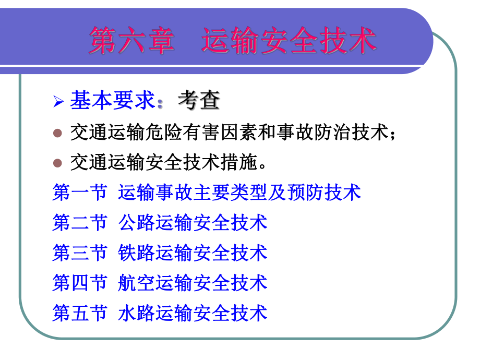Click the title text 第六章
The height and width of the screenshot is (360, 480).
click(131, 41)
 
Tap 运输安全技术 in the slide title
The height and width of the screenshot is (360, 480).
click(289, 41)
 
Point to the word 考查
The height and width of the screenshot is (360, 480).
click(198, 101)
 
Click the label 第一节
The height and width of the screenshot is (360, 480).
click(79, 193)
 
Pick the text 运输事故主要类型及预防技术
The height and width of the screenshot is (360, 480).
click(239, 193)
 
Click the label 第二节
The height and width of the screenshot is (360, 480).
click(79, 223)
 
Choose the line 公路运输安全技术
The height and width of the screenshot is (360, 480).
click(193, 223)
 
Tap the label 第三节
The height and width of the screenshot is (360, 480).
click(79, 253)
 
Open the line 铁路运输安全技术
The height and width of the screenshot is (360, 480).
click(193, 253)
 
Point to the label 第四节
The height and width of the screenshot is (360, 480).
click(79, 283)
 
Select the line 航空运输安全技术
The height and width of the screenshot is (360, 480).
click(193, 283)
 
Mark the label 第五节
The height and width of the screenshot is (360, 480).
click(79, 313)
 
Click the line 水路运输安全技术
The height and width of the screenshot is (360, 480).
click(193, 313)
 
